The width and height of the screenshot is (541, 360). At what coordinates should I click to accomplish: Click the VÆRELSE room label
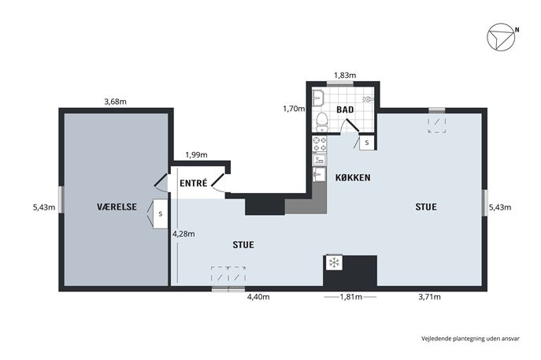click(117, 206)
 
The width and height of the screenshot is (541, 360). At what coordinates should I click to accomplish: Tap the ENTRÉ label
click(193, 183)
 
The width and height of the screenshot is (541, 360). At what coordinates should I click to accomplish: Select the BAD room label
click(345, 109)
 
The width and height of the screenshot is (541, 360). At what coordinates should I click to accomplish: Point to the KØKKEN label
click(353, 178)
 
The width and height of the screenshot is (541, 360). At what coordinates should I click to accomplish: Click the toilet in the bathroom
click(322, 121)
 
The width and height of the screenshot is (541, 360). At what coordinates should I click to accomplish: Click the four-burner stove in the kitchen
click(320, 144)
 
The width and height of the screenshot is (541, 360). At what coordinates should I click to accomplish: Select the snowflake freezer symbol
click(334, 263)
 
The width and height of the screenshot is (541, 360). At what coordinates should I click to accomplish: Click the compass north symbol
click(502, 37)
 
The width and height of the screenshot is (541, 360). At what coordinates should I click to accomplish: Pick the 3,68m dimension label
click(115, 102)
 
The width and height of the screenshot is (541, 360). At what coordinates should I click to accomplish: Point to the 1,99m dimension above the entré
click(196, 155)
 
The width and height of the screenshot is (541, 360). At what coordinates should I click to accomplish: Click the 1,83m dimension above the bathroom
click(345, 76)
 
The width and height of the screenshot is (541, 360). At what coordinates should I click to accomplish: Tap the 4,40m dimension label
click(258, 297)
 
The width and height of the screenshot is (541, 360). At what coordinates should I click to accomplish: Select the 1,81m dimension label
click(351, 297)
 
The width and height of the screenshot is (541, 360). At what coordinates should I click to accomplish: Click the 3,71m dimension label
click(429, 297)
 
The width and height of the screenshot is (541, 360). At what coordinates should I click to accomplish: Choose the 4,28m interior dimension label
click(183, 234)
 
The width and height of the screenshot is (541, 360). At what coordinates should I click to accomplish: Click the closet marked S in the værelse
click(160, 213)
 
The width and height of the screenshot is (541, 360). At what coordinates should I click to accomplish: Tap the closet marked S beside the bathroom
click(367, 143)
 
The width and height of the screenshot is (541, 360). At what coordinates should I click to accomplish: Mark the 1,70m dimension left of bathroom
click(294, 109)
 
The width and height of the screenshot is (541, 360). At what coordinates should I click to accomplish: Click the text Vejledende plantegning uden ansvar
click(470, 339)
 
